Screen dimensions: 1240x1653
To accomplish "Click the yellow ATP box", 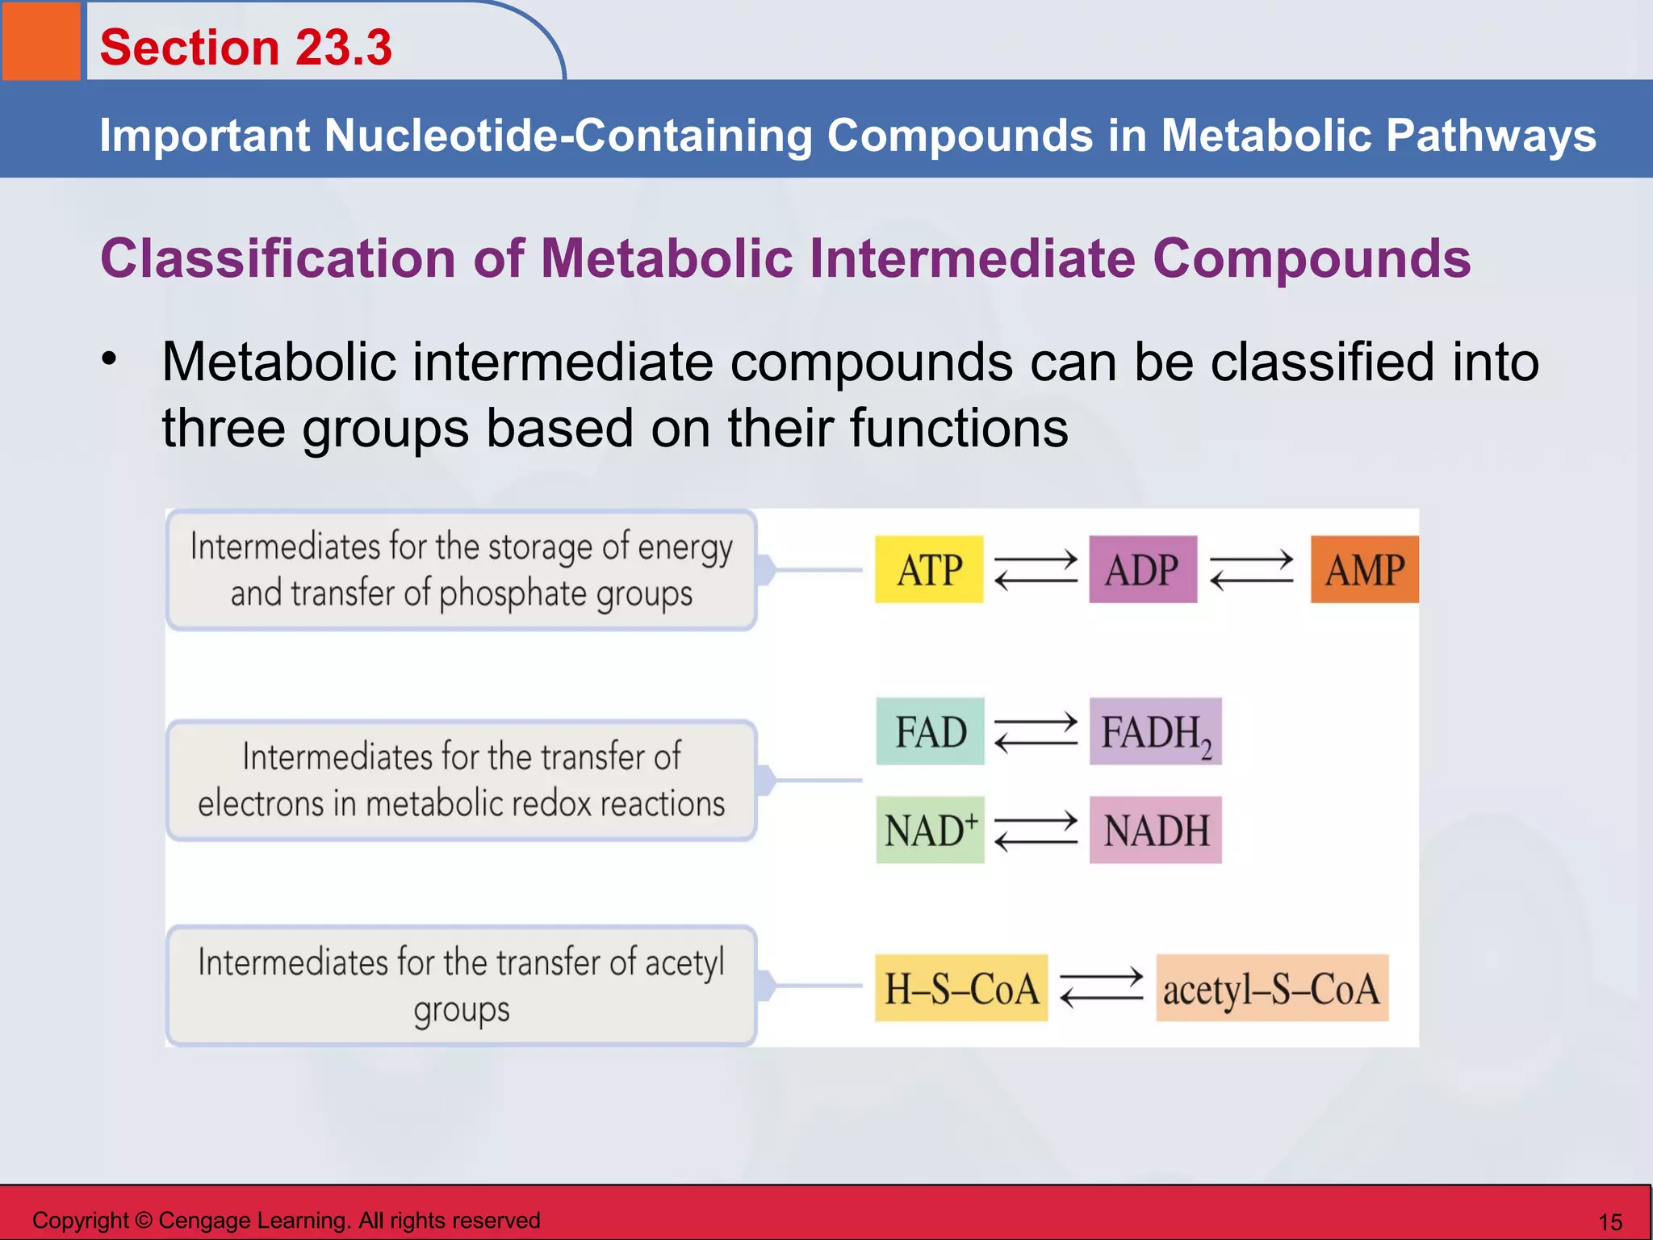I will pos(929,569).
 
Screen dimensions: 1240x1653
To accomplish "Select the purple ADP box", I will pos(1142,569).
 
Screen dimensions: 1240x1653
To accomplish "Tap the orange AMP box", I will pos(1364,569).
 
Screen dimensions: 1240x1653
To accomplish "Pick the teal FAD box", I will pos(930,731).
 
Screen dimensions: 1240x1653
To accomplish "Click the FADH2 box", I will pos(1155,731).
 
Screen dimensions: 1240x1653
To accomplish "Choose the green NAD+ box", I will pos(930,830).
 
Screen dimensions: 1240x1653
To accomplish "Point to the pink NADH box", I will pos(1155,830).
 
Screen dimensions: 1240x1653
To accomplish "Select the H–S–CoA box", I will pos(960,988).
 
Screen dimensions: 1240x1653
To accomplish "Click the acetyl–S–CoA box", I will pos(1272,988).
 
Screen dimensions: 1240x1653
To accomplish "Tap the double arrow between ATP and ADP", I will pos(1036,570).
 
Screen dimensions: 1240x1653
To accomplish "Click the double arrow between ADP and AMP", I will pos(1252,570).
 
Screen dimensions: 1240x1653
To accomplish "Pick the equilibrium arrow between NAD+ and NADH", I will pos(1036,831).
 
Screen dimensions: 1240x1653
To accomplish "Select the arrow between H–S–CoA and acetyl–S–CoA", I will pos(1101,988).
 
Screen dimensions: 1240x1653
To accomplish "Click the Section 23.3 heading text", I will pos(245,47).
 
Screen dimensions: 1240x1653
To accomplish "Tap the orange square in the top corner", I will pos(40,40).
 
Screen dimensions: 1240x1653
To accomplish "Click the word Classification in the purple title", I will pos(278,258).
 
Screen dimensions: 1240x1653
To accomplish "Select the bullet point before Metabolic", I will pos(110,358).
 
